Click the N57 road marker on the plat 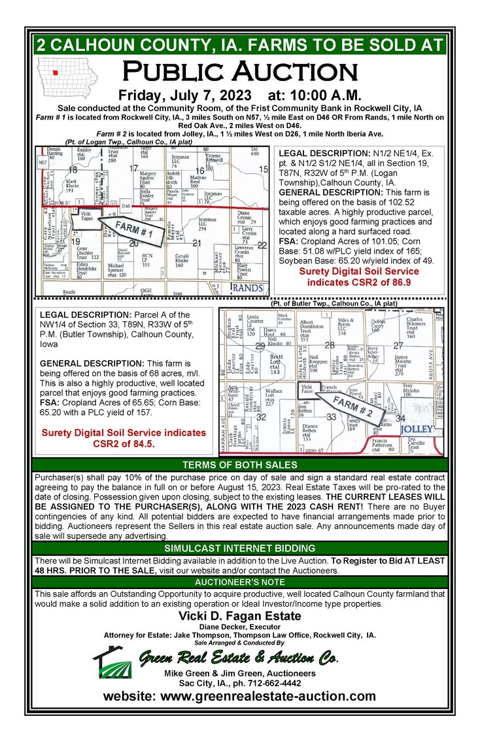(42, 161)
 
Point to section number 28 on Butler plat (330, 345)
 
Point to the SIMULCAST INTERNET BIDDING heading (239, 547)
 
